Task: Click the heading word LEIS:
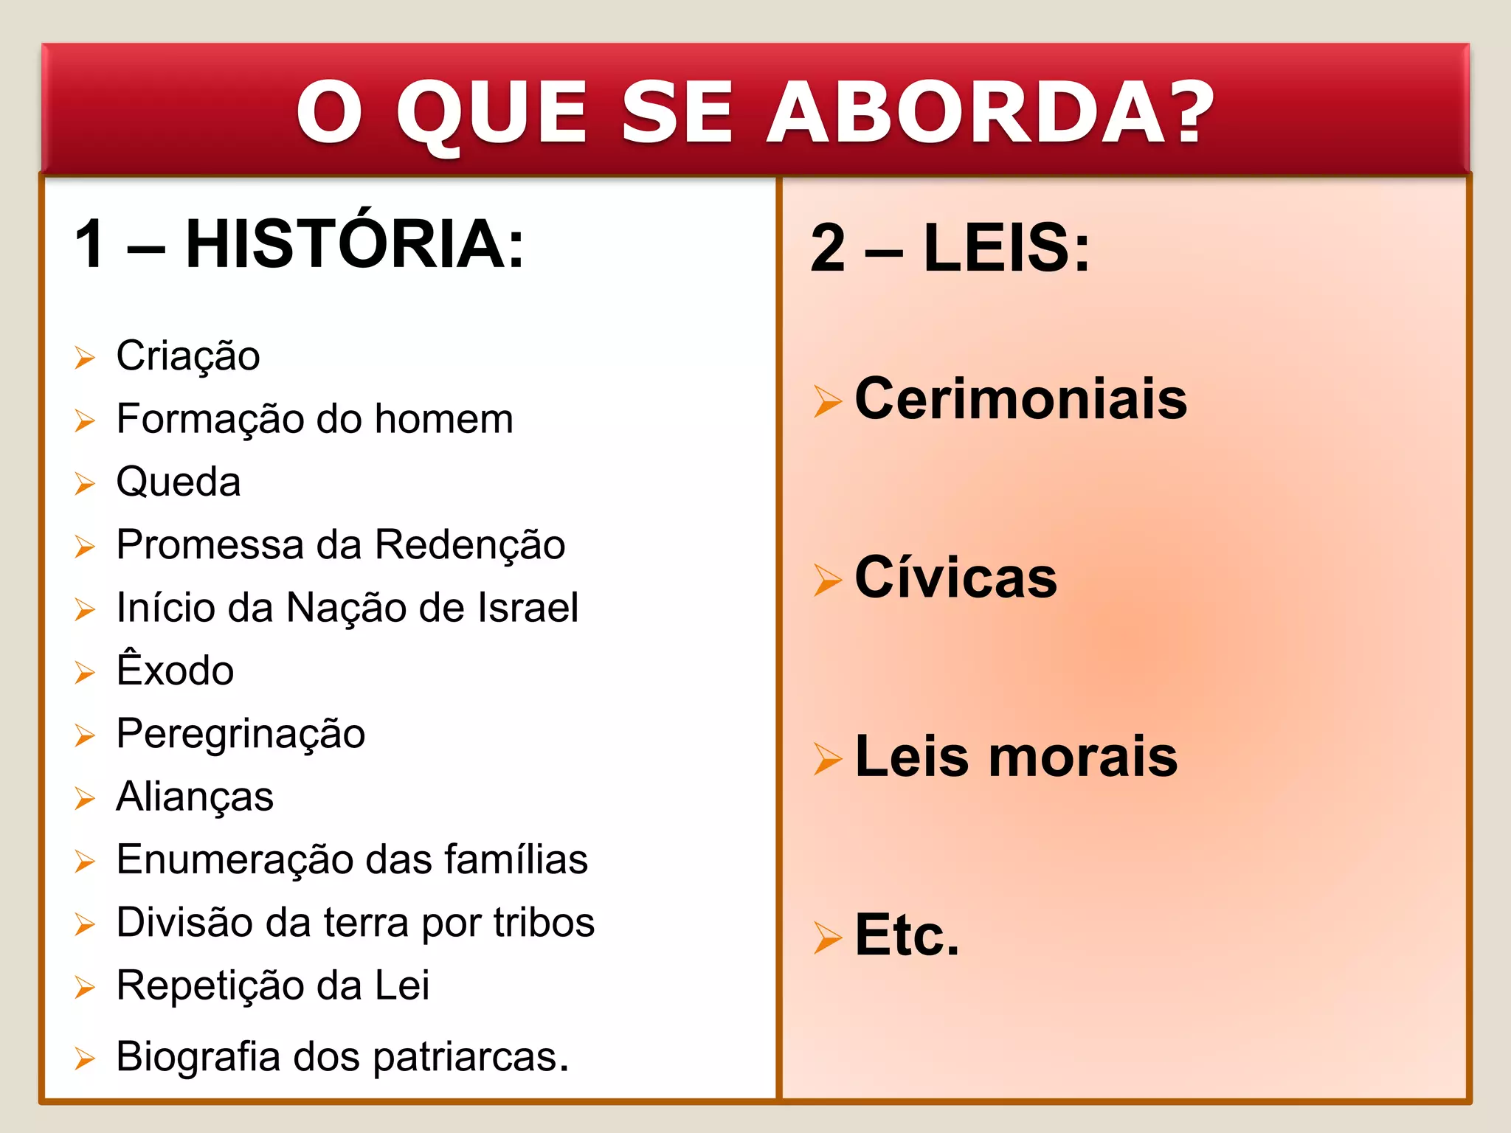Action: (x=1006, y=248)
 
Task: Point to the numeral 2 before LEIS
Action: (x=828, y=249)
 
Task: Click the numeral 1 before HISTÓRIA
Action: (x=91, y=244)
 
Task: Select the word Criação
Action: (x=188, y=356)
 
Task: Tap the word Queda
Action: (x=179, y=482)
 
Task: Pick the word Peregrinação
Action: (x=241, y=734)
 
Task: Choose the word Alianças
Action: (x=195, y=797)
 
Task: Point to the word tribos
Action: (x=544, y=922)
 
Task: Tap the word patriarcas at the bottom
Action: (x=470, y=1057)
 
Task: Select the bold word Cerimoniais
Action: (x=1020, y=399)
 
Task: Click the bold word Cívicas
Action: (x=955, y=577)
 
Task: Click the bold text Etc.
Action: (x=907, y=935)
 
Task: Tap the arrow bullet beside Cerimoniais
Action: (x=827, y=401)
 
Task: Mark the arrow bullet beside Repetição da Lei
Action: (x=85, y=988)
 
